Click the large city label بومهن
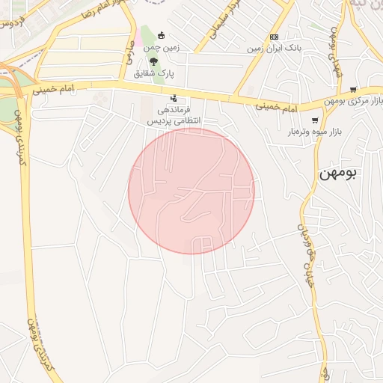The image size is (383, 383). pos(338,172)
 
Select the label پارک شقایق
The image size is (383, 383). pos(153,73)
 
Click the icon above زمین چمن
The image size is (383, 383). pos(161,34)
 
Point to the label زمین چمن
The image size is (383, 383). pos(162,47)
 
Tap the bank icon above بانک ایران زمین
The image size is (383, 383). pos(274,37)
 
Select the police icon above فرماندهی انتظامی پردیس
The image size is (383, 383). pos(174,97)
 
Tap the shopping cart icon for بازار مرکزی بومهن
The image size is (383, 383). pos(353,90)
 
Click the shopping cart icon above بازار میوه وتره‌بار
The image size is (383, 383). pos(315,120)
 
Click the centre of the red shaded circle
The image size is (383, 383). pos(191,191)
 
